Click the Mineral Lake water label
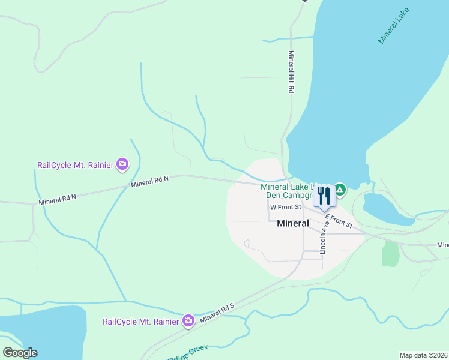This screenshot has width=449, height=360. [393, 27]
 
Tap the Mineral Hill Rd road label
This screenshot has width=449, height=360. [291, 71]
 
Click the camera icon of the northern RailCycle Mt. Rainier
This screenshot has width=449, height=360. [122, 164]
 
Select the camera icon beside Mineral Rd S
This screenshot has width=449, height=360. [188, 321]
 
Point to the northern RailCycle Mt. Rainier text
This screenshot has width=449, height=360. [76, 165]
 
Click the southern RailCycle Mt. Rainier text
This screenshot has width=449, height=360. [141, 322]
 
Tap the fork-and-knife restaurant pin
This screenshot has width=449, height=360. [324, 196]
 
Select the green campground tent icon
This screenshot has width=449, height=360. [340, 191]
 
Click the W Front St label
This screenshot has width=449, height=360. [285, 208]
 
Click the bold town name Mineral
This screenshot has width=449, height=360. [292, 223]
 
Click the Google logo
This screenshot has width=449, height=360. [20, 352]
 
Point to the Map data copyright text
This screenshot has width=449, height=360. [423, 355]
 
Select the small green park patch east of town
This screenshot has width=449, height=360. [390, 254]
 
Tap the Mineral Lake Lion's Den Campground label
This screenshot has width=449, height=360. [285, 191]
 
